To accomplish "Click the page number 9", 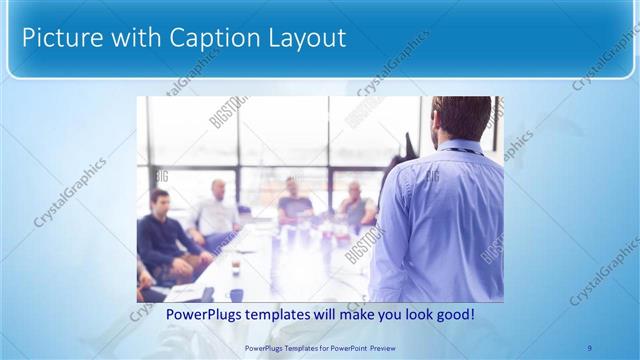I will (590, 347).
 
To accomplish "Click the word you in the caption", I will (384, 315).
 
